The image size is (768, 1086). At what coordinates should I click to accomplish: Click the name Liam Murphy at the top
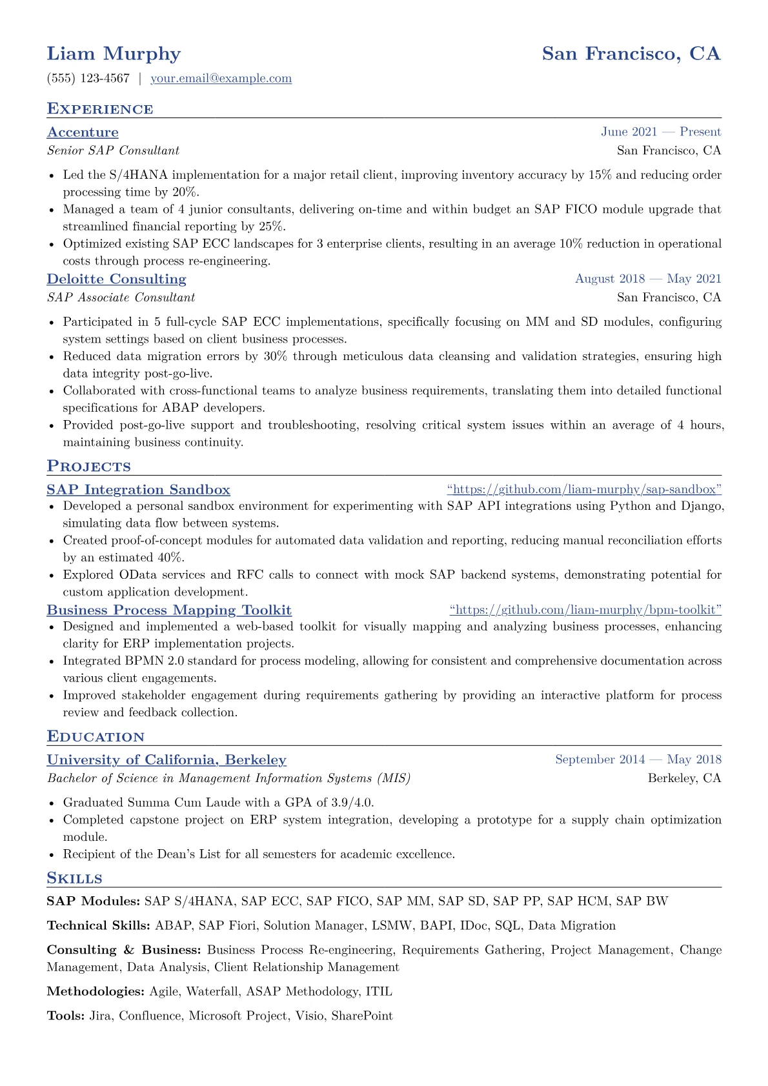click(x=114, y=54)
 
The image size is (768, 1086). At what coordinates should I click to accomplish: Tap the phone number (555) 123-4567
click(x=88, y=79)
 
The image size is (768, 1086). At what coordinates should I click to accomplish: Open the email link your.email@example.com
click(x=221, y=79)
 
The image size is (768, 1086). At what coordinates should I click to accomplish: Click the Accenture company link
click(x=83, y=132)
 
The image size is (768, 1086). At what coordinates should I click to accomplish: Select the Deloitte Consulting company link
click(x=116, y=279)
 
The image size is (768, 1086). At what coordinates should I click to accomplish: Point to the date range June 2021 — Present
click(x=660, y=132)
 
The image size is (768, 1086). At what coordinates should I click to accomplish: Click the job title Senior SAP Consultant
click(x=113, y=151)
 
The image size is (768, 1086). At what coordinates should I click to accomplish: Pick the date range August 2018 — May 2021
click(x=647, y=279)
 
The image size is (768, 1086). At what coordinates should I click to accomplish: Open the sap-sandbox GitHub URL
click(x=583, y=490)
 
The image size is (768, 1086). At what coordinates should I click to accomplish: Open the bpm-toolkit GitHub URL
click(x=585, y=610)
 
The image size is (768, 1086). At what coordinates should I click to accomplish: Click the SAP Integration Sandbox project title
click(x=138, y=490)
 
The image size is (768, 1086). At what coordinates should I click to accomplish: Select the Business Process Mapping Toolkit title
click(x=169, y=610)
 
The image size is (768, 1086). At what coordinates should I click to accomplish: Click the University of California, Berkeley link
click(x=167, y=760)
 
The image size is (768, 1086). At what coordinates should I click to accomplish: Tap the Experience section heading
click(x=100, y=109)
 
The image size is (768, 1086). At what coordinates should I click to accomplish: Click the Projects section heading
click(x=88, y=467)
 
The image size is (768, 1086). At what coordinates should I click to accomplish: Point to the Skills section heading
click(x=74, y=878)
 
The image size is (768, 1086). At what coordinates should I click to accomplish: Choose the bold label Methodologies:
click(x=96, y=992)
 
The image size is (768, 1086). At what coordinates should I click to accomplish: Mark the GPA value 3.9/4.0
click(x=352, y=803)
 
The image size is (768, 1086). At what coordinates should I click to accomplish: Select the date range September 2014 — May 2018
click(x=638, y=759)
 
